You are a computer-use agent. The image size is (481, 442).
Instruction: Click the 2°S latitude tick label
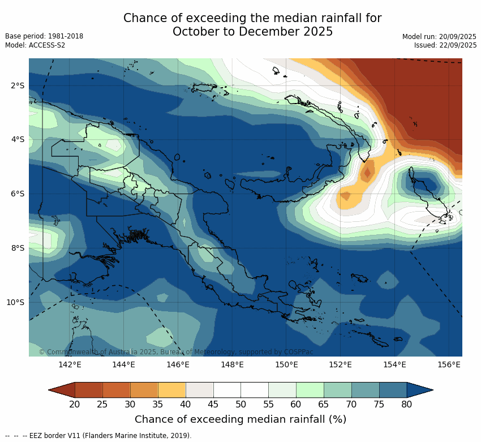pyautogui.click(x=17, y=85)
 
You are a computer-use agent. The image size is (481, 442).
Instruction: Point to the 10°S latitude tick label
pyautogui.click(x=15, y=302)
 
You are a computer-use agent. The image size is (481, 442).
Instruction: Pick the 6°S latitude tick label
pyautogui.click(x=17, y=194)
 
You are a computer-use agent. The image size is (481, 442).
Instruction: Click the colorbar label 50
pyautogui.click(x=240, y=404)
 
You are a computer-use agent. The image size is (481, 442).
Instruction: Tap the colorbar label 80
pyautogui.click(x=406, y=404)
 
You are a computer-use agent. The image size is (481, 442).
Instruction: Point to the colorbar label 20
pyautogui.click(x=74, y=404)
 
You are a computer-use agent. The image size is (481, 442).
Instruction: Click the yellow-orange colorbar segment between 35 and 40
pyautogui.click(x=172, y=389)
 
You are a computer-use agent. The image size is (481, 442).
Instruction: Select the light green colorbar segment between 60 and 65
pyautogui.click(x=310, y=389)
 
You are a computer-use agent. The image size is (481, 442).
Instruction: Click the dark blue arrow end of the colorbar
pyautogui.click(x=419, y=389)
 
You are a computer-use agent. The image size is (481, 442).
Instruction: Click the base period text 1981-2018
pyautogui.click(x=65, y=36)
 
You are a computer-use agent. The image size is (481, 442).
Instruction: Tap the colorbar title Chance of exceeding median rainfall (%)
pyautogui.click(x=240, y=419)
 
